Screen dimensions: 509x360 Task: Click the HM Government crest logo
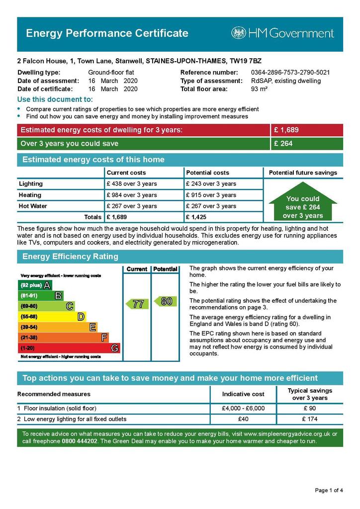point(239,33)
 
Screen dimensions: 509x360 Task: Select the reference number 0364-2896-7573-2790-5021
point(290,73)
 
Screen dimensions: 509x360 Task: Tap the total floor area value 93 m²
point(260,89)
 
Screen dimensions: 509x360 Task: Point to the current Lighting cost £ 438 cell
point(132,184)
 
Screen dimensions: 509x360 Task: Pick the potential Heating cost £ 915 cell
point(211,195)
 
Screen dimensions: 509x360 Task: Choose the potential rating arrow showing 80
point(165,301)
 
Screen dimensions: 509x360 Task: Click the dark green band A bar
point(35,285)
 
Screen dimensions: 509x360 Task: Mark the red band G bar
point(69,348)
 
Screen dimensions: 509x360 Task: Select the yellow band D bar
point(52,317)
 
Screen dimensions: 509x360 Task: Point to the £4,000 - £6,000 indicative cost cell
point(243,409)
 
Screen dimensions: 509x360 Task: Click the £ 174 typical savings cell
point(309,419)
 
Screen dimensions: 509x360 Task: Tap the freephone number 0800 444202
point(81,441)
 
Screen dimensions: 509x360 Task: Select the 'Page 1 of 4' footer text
point(329,491)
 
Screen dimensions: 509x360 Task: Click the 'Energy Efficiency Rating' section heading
point(70,257)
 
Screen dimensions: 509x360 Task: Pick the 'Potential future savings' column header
point(302,172)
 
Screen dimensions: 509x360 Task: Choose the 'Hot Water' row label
point(33,206)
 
